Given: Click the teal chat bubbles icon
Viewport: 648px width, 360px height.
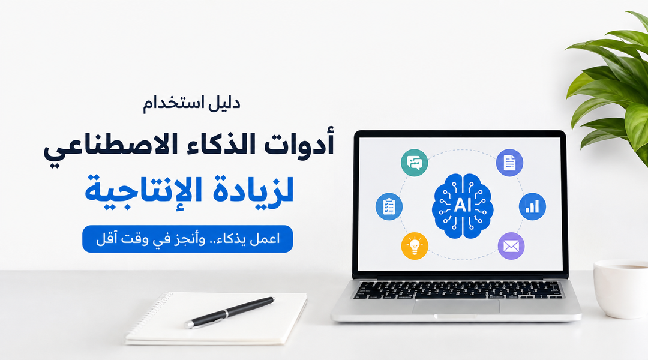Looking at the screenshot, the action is tap(414, 163).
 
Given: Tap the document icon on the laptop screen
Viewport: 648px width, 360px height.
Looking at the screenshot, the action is tap(509, 163).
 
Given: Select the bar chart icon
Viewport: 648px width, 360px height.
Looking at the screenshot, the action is tap(532, 206).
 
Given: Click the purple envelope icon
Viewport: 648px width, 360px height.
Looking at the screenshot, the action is tap(511, 246).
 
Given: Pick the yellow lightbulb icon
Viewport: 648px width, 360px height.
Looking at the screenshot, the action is tap(415, 246).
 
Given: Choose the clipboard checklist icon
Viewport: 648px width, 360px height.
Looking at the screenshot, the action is tap(389, 206).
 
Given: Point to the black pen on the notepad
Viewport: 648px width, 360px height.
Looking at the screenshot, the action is tap(230, 312).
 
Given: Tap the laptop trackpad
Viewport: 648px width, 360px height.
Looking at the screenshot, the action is tap(456, 307).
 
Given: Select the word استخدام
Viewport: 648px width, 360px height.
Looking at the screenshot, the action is tap(173, 103).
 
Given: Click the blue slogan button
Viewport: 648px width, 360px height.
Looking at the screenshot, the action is tap(188, 239).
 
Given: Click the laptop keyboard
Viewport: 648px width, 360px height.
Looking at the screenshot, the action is tap(457, 289).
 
